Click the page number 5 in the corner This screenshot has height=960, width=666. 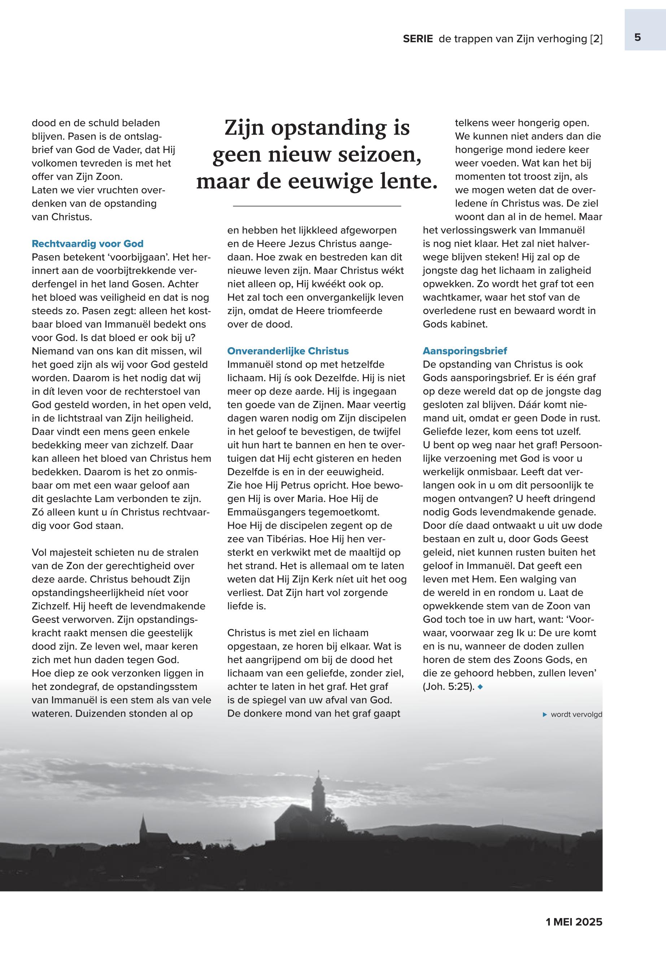(x=637, y=38)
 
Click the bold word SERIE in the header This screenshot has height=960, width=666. (x=418, y=39)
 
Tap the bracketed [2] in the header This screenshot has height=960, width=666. (x=596, y=39)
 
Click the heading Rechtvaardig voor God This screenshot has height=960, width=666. (x=88, y=244)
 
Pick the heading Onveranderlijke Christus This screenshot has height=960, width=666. (x=288, y=351)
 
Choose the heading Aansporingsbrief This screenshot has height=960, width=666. (x=465, y=351)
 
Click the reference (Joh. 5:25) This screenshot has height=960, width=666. (x=449, y=686)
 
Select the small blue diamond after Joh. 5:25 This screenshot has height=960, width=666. (x=480, y=686)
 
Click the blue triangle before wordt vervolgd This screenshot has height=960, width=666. (x=545, y=715)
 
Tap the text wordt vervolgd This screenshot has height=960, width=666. (x=576, y=715)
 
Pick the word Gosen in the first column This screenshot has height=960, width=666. (x=150, y=284)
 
